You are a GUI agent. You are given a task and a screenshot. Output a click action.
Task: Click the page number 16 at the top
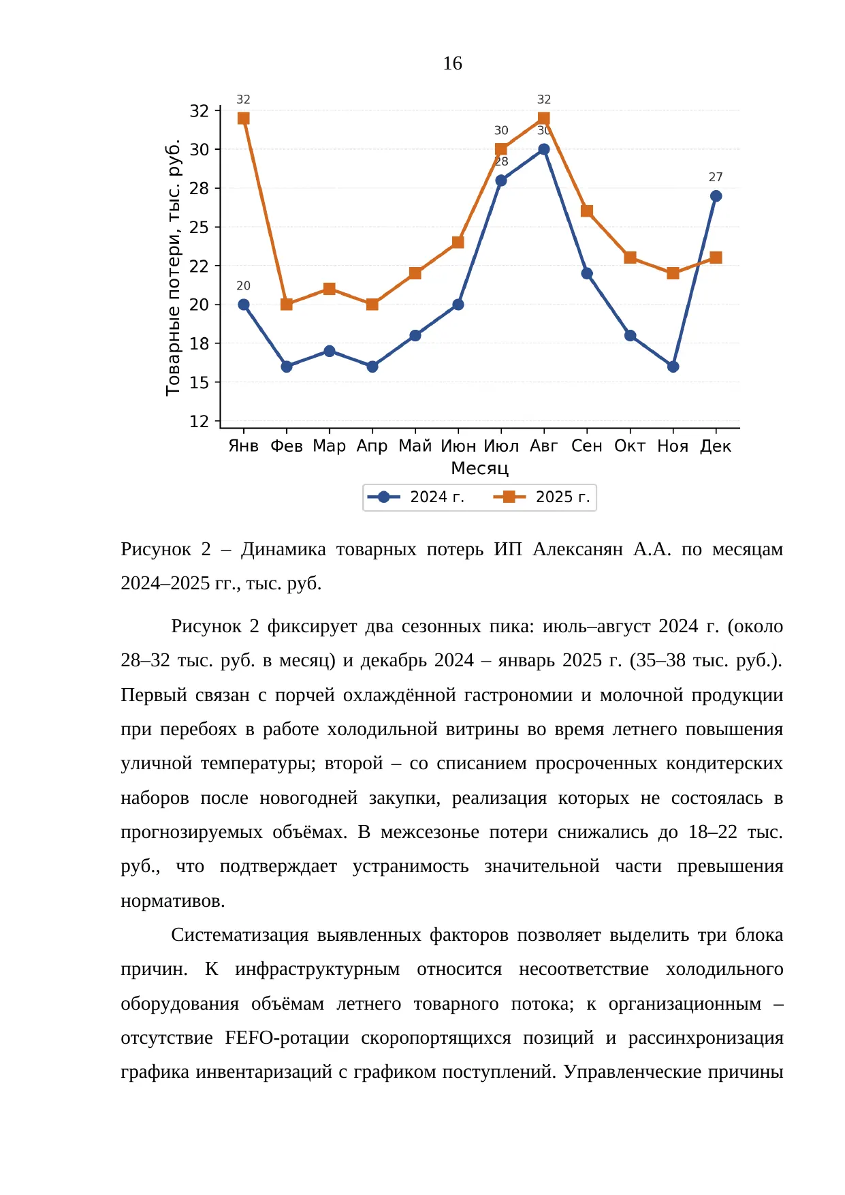452,63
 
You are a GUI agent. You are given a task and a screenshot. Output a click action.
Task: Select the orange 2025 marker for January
243,119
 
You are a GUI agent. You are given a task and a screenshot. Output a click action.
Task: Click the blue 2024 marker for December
716,196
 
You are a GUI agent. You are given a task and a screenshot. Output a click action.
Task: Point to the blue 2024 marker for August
543,149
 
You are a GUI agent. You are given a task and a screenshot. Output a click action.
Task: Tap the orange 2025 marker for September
587,211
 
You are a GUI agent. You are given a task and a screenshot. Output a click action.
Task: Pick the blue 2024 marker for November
673,367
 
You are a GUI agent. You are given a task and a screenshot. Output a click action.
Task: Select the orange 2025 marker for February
287,305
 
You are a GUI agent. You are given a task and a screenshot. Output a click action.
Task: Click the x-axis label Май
415,446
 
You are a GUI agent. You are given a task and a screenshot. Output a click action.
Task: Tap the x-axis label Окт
630,446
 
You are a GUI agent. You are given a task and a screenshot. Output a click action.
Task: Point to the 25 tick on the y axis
200,227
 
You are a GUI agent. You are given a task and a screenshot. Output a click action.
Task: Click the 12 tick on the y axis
200,421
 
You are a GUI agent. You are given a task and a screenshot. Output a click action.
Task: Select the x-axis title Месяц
480,469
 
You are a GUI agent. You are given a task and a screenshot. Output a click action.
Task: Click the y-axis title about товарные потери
174,268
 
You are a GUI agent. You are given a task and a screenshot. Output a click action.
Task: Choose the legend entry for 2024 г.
416,497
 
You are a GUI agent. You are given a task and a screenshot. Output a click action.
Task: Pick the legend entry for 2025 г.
542,497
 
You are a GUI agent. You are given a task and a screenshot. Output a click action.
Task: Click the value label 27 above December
716,177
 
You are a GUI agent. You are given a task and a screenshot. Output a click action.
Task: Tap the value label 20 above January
243,286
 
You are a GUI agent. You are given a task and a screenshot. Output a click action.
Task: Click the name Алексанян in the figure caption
577,549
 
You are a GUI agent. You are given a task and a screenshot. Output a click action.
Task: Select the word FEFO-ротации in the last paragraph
287,1038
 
